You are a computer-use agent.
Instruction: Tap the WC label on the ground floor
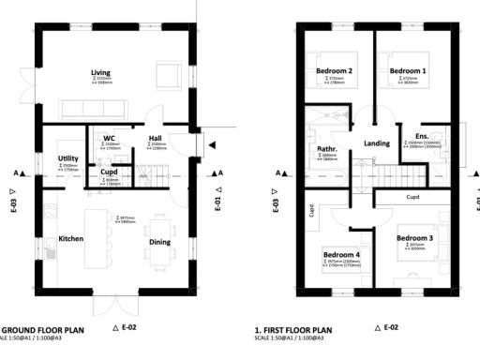[109, 139]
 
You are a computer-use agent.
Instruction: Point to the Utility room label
[67, 158]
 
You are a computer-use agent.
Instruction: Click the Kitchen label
[71, 239]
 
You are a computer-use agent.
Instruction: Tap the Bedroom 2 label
[335, 71]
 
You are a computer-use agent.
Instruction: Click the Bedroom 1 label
[408, 71]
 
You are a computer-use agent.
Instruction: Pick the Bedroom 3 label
[413, 238]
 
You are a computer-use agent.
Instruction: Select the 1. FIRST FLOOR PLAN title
[293, 330]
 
